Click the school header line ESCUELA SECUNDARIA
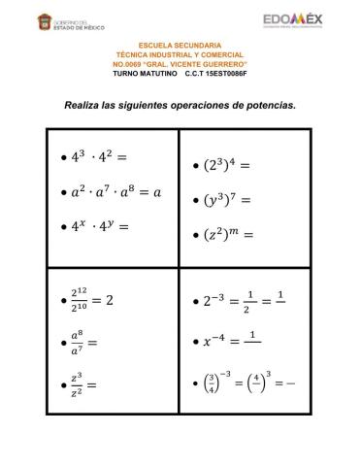coord(180,46)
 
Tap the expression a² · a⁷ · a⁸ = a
coord(115,191)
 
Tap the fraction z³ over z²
coord(76,384)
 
